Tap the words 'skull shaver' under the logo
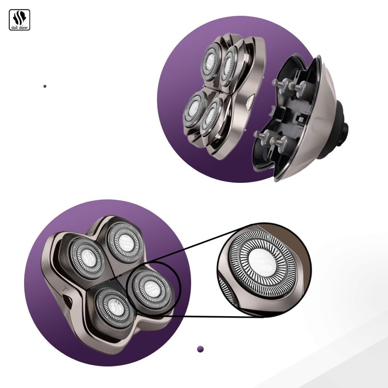coord(19,28)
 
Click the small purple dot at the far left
coord(45,86)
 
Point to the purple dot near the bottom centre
coord(200,348)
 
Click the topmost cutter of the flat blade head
coord(126,241)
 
